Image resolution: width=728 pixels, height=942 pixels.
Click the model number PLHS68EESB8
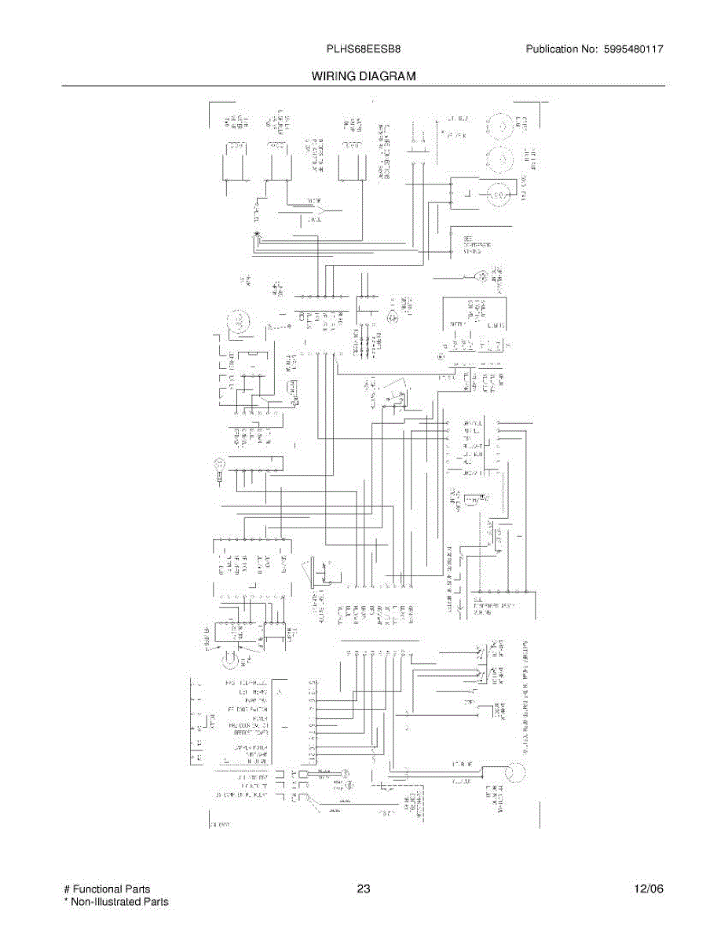[364, 49]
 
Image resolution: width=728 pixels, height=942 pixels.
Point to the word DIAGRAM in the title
[390, 77]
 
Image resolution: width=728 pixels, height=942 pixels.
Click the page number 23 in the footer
[364, 889]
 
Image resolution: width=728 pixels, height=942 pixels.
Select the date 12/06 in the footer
[649, 889]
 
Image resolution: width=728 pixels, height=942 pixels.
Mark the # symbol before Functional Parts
[66, 889]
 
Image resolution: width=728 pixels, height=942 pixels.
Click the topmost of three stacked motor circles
[497, 126]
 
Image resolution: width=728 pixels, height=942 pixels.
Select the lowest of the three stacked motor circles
[497, 194]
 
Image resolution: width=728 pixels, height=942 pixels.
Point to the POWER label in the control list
[259, 717]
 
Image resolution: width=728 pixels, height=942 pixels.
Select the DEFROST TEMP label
[252, 732]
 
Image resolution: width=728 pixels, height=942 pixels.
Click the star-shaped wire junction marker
[256, 235]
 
